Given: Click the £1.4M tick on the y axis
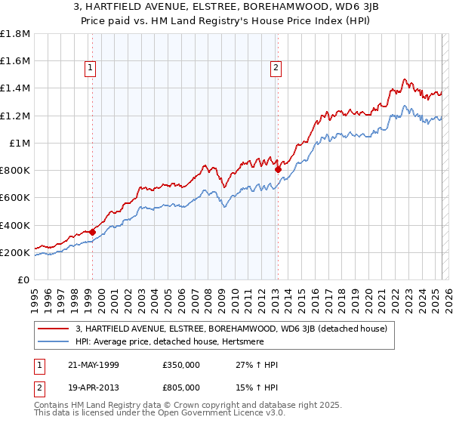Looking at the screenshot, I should pos(16,88).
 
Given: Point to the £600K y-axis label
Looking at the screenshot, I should pos(15,198).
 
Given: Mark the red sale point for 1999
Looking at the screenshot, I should pos(93,232).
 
